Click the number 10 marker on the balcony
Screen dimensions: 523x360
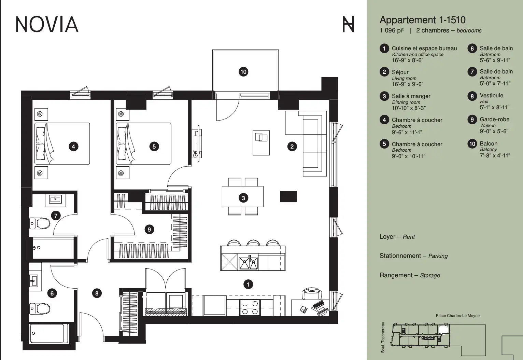point(243,72)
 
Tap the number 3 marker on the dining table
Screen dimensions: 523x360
point(243,198)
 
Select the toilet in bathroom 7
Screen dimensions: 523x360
point(40,223)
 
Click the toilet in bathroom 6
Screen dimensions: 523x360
point(40,309)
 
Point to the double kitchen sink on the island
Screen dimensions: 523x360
point(248,263)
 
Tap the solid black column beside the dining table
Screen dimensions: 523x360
point(288,197)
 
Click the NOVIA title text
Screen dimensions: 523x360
point(47,24)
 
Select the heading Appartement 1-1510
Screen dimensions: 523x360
point(423,20)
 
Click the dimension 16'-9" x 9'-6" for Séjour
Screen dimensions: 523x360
point(408,84)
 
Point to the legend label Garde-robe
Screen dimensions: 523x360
point(495,120)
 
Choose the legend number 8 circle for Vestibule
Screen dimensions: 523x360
point(472,96)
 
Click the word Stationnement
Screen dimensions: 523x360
point(400,256)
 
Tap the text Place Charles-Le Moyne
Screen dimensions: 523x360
point(457,316)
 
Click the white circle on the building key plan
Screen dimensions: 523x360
point(443,330)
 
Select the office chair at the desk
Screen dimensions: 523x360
point(312,293)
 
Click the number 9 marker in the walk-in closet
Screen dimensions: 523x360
point(149,230)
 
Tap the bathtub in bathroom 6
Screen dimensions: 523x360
point(49,333)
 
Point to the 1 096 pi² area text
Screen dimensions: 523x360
point(392,31)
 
